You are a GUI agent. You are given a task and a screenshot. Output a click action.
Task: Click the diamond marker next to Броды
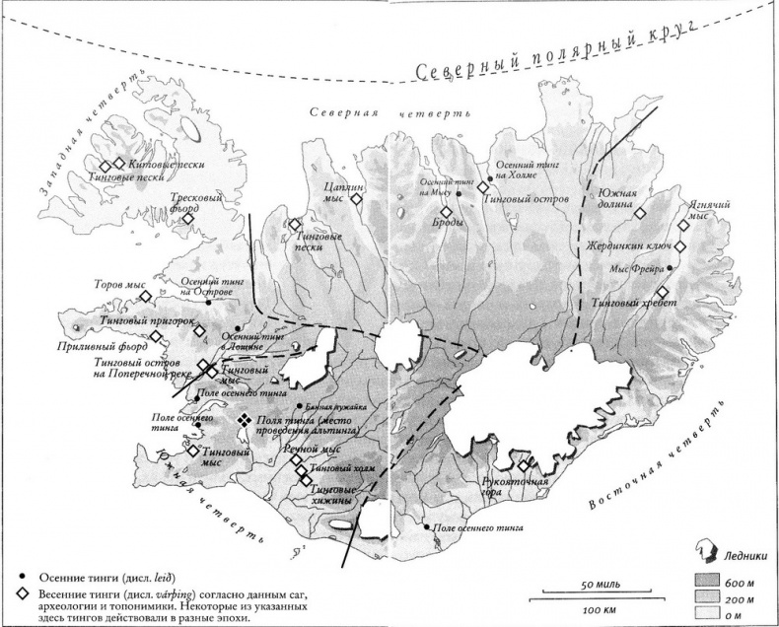click(445, 212)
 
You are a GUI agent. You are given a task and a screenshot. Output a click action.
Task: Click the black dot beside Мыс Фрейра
click(672, 268)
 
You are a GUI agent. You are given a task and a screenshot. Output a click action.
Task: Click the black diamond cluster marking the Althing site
click(244, 420)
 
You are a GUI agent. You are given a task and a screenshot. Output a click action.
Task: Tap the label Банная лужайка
click(336, 406)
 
